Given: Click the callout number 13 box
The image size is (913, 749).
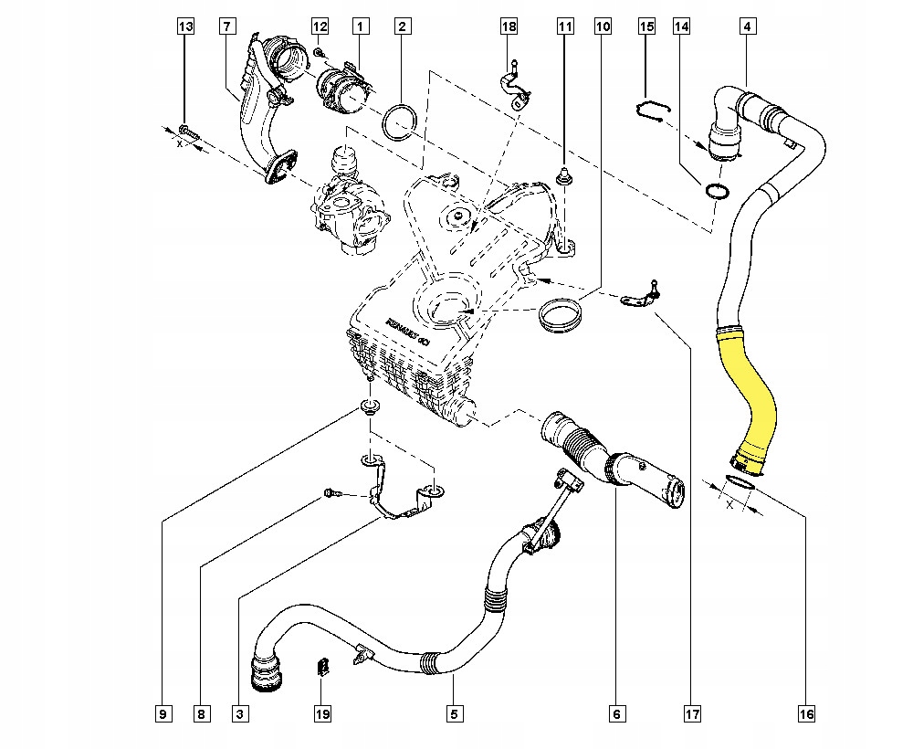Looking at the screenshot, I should (185, 27).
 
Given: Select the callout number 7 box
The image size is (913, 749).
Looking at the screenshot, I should (226, 27).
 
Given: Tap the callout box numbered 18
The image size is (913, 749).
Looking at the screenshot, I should (509, 27).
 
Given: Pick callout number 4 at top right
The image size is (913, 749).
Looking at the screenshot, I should (747, 27).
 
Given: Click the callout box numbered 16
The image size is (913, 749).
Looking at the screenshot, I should (804, 712).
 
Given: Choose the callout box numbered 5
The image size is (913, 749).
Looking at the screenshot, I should (453, 712).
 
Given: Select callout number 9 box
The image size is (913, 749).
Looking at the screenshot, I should (162, 712).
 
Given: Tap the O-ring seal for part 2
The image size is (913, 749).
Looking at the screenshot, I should (400, 121).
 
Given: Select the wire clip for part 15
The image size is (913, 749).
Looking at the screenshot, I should (651, 110).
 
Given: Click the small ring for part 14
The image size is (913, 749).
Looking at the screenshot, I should (718, 191).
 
